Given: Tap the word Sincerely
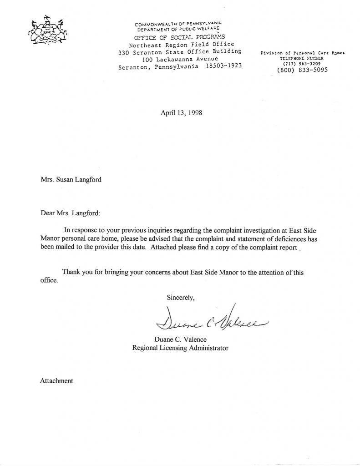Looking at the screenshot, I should click(181, 298).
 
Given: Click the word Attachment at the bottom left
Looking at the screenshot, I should click(56, 380).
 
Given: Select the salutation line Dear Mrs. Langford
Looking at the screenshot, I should click(69, 213).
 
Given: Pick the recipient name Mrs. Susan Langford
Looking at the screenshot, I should click(71, 179).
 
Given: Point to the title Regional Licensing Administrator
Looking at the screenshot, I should click(180, 348).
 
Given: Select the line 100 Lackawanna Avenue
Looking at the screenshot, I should click(181, 59).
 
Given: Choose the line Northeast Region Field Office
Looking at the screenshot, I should click(181, 45).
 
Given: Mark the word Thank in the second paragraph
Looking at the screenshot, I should click(71, 272).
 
